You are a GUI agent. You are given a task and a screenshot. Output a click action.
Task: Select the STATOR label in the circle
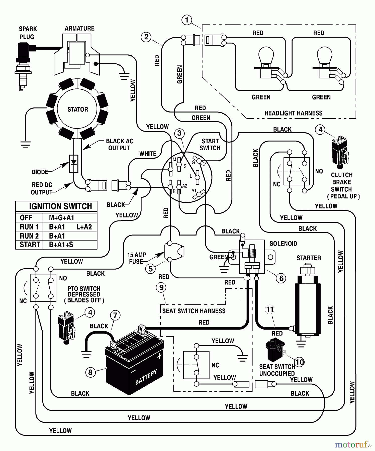pyautogui.click(x=78, y=109)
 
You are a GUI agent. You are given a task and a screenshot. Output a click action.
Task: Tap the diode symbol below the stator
pyautogui.click(x=74, y=164)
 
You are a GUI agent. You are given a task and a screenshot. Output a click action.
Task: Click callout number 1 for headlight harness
pyautogui.click(x=187, y=20)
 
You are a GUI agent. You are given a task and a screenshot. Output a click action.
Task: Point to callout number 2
pyautogui.click(x=146, y=37)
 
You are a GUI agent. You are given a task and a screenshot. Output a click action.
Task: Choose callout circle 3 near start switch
pyautogui.click(x=179, y=133)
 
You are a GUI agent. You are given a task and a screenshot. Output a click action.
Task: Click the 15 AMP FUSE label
pyautogui.click(x=137, y=258)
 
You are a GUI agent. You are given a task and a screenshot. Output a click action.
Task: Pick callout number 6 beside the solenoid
pyautogui.click(x=281, y=278)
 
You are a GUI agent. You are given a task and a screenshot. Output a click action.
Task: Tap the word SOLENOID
pyautogui.click(x=283, y=244)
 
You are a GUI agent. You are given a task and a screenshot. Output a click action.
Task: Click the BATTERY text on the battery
pyautogui.click(x=146, y=377)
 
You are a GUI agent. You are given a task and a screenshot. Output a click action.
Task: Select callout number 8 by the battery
pyautogui.click(x=90, y=372)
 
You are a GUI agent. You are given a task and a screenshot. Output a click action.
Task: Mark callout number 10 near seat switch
pyautogui.click(x=300, y=362)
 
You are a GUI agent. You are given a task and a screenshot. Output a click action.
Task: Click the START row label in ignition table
pyautogui.click(x=30, y=245)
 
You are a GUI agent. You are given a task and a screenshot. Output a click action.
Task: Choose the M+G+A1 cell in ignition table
pyautogui.click(x=62, y=218)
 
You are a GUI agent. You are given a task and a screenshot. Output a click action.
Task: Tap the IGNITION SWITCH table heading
pyautogui.click(x=60, y=206)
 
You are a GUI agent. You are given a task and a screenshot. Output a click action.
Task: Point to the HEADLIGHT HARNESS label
pyautogui.click(x=293, y=113)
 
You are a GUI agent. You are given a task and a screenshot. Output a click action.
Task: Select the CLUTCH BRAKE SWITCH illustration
pyautogui.click(x=340, y=152)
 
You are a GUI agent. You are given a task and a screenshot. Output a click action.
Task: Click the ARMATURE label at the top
pyautogui.click(x=79, y=28)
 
